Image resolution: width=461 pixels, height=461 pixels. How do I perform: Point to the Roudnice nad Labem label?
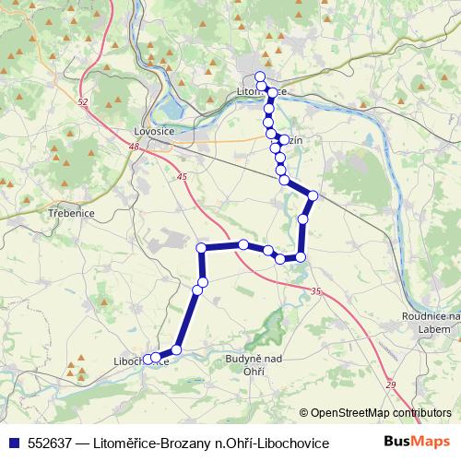tap(433, 323)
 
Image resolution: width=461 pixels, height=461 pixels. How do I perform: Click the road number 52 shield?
tap(83, 101)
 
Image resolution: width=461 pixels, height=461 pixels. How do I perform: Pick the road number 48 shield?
tap(134, 147)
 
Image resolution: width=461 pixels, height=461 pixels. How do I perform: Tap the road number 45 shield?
tap(182, 176)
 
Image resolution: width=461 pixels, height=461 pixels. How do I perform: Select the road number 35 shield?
tap(316, 291)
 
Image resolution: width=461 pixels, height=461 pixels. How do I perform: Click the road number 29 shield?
tap(390, 384)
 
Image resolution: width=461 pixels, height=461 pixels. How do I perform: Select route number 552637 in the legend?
tap(50, 443)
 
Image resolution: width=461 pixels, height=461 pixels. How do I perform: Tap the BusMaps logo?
tap(418, 443)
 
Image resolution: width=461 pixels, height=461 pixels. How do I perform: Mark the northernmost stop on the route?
tap(260, 77)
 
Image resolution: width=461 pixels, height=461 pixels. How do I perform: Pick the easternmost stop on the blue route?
tap(313, 195)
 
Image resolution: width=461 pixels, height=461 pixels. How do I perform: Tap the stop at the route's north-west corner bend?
tap(201, 247)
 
